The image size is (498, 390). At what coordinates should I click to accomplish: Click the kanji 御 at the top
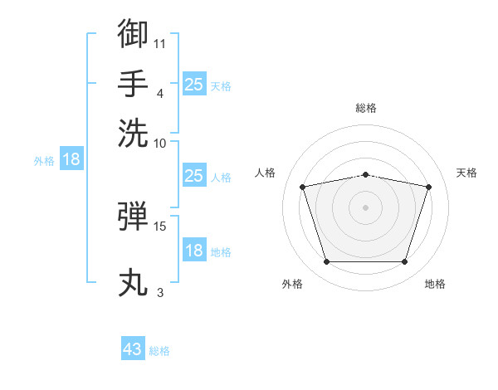133,33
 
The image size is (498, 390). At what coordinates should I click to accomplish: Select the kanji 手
133,83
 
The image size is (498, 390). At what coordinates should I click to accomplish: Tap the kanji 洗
133,134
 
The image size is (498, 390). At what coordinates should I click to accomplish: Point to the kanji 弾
133,216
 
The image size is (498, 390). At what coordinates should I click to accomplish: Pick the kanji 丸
133,282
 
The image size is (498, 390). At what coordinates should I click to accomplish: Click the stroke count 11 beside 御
159,44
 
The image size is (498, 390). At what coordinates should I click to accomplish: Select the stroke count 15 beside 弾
159,227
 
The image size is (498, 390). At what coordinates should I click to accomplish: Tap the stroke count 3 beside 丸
160,292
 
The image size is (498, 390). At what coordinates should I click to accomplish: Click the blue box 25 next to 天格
194,84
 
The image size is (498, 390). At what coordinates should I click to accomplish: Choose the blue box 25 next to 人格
194,175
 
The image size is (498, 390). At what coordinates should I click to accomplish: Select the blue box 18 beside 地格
194,249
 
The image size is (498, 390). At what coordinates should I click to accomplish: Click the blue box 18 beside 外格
71,158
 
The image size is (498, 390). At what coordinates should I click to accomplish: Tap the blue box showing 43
133,348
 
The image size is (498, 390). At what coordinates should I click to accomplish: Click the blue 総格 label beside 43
159,351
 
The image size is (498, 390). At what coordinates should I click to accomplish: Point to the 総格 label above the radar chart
366,108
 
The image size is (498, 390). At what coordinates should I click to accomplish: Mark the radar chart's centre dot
365,207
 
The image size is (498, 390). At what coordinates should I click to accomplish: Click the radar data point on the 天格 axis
429,187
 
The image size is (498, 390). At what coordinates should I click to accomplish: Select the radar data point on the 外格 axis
326,261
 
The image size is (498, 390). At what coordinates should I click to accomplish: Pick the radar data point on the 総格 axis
365,175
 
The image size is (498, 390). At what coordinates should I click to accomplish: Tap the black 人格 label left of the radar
265,173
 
